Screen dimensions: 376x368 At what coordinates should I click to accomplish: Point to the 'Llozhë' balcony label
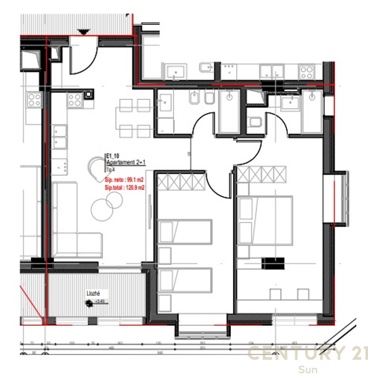point(93,293)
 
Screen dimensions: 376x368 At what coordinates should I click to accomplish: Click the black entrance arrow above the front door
point(83,31)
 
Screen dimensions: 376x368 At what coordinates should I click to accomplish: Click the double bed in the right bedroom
point(265,220)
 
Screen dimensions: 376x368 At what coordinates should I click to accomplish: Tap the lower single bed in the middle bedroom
point(185,280)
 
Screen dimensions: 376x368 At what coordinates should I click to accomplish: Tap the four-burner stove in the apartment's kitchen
point(75,100)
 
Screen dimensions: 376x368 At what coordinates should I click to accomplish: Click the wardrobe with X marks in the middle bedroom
point(181,182)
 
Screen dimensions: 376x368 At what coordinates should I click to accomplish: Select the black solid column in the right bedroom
point(272,263)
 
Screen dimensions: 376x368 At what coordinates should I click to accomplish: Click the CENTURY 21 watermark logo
point(307,354)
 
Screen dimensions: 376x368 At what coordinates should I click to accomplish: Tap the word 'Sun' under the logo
point(308,369)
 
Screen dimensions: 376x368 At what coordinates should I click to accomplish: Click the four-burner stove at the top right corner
point(307,72)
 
